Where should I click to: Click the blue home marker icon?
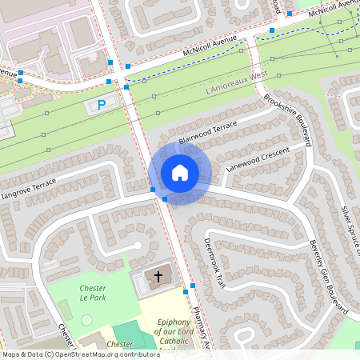(x=179, y=172)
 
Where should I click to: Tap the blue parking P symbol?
(x=102, y=105)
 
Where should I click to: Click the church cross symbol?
(x=158, y=277)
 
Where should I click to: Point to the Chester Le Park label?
(x=93, y=292)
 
